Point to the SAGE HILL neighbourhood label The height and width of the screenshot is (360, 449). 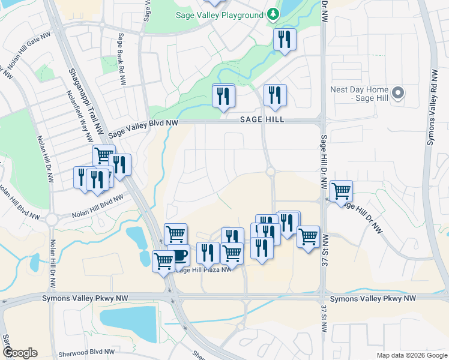click(x=262, y=120)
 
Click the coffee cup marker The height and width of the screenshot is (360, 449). click(x=178, y=256)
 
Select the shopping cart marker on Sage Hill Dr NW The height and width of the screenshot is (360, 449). click(x=341, y=191)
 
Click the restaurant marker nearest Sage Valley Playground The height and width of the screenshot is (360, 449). click(x=283, y=39)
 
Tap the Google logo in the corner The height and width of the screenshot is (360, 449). click(x=19, y=352)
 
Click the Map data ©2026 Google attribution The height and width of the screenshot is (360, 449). click(x=411, y=355)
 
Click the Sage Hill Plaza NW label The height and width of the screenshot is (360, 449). click(x=203, y=270)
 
